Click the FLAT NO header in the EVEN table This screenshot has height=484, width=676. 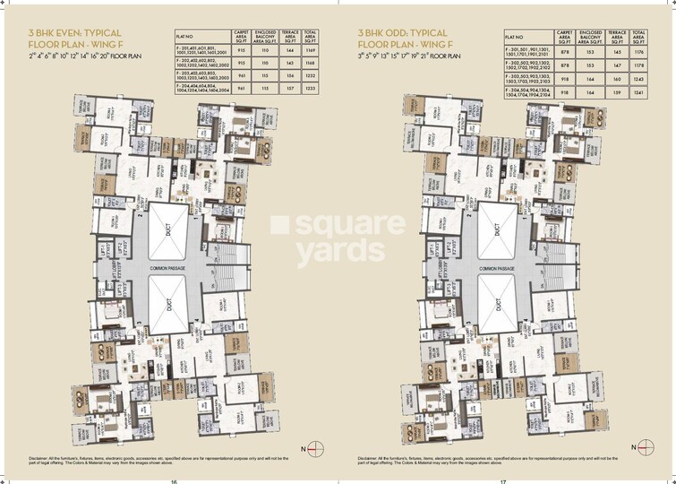189,38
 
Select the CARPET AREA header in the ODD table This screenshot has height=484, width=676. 565,37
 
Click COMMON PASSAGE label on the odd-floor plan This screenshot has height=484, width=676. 496,267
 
